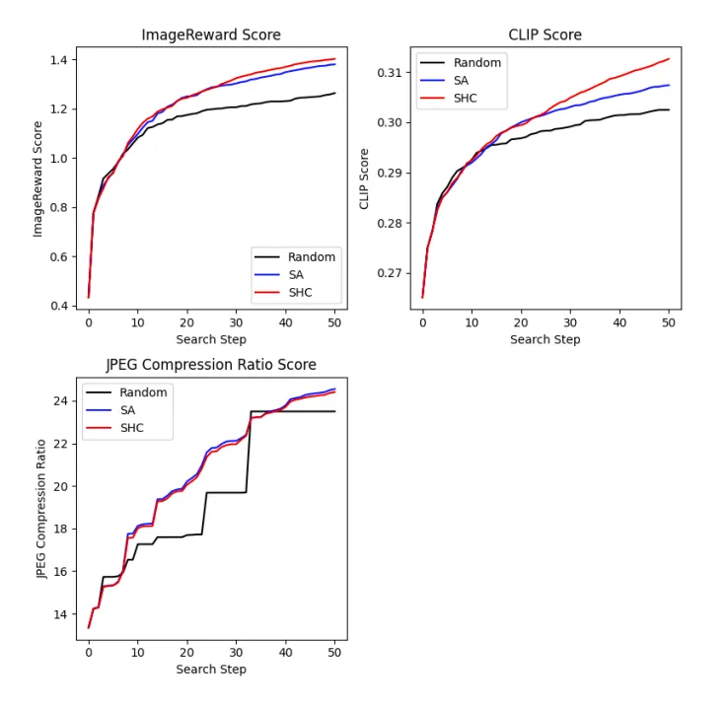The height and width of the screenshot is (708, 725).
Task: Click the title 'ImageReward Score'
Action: tap(211, 35)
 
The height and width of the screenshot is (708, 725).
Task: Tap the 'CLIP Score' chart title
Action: tap(544, 35)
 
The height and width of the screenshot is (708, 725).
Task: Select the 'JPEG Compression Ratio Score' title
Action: tap(211, 365)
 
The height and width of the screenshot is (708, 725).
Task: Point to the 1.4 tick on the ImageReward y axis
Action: tap(59, 60)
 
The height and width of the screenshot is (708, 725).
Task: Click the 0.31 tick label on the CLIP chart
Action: tap(390, 73)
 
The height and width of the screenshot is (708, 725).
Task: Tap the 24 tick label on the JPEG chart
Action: tap(60, 400)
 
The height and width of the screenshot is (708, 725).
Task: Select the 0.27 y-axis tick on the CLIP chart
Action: tap(390, 273)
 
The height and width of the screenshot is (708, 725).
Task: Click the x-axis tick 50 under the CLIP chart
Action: tap(669, 322)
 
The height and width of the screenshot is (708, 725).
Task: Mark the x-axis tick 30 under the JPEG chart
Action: tap(236, 653)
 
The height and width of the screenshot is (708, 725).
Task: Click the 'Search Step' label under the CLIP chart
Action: tap(545, 339)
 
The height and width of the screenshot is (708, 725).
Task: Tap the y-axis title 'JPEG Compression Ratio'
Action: tap(41, 509)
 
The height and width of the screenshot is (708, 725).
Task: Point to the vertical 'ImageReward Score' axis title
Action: tap(37, 179)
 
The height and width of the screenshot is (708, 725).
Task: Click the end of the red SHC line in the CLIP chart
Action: tap(669, 59)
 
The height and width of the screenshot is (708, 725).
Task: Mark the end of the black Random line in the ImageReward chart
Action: tap(334, 93)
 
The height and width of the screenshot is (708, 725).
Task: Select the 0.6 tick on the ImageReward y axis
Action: tap(59, 257)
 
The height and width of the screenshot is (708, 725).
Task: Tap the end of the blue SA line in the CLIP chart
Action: tap(669, 85)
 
